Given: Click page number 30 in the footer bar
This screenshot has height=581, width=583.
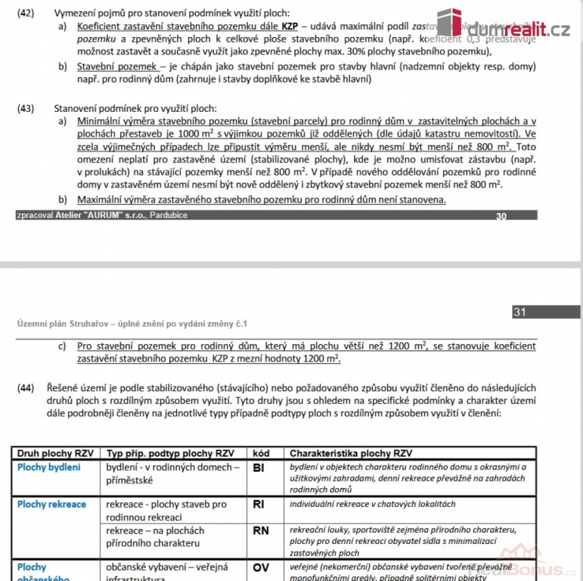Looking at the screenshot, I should click(501, 216).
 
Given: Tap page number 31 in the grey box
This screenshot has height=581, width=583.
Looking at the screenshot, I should click(519, 312).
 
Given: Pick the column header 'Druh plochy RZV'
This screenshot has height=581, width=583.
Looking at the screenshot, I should click(54, 453).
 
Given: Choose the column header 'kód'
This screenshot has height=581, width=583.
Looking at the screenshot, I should click(260, 453).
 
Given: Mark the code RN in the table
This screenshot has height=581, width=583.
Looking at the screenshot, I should click(260, 531).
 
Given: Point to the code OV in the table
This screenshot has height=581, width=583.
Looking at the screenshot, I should click(260, 567).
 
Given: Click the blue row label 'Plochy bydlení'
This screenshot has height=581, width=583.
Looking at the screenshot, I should click(48, 468).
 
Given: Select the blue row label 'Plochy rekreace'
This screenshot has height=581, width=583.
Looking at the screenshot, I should click(51, 505).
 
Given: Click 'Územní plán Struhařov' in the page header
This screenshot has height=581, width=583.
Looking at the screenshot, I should click(64, 323).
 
